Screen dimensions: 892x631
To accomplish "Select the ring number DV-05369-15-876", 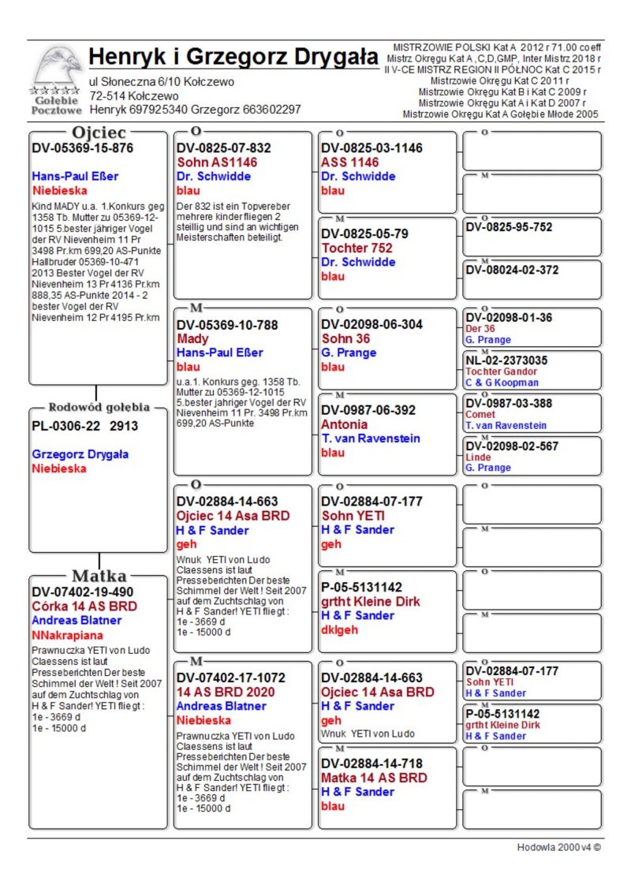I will click(82, 147).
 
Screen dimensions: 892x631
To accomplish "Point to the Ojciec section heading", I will click(99, 132).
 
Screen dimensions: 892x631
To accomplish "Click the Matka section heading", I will click(99, 575).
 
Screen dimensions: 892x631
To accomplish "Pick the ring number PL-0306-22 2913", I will click(84, 426).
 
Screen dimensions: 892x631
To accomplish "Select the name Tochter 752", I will click(357, 248).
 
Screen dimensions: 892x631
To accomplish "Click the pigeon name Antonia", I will click(344, 424).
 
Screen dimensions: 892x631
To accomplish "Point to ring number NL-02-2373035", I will click(506, 360).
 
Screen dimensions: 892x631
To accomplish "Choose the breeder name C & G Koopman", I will click(502, 383).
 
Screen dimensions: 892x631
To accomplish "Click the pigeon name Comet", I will click(480, 414).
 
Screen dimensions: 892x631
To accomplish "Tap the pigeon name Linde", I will click(477, 457).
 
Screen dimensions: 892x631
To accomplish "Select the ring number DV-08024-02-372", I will click(512, 270).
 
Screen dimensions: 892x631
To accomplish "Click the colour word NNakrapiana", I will click(67, 634).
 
